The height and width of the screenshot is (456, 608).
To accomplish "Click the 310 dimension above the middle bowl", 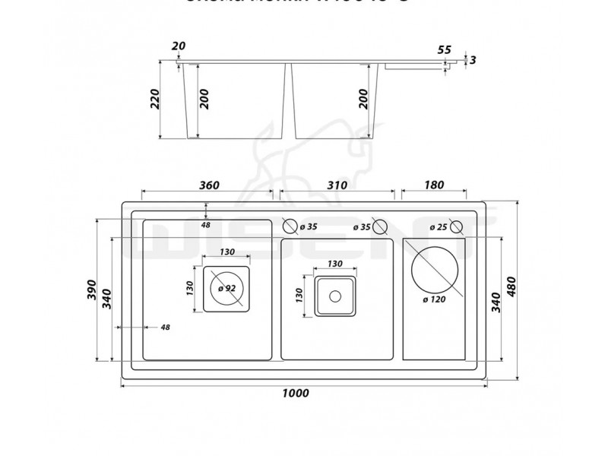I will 335,185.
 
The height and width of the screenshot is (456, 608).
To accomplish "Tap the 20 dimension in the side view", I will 179,46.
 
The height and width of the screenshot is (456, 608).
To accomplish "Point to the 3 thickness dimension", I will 473,60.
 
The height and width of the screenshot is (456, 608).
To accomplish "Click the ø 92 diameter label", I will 226,288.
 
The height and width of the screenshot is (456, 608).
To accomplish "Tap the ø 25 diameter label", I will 437,226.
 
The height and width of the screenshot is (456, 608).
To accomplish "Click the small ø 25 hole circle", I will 456,226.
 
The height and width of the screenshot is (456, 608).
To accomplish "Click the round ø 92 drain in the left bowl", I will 226,288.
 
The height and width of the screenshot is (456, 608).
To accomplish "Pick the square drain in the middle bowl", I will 335,295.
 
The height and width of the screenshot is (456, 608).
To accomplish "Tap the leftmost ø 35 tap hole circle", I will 290,226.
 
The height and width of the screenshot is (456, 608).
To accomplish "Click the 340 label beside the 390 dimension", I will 107,299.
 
